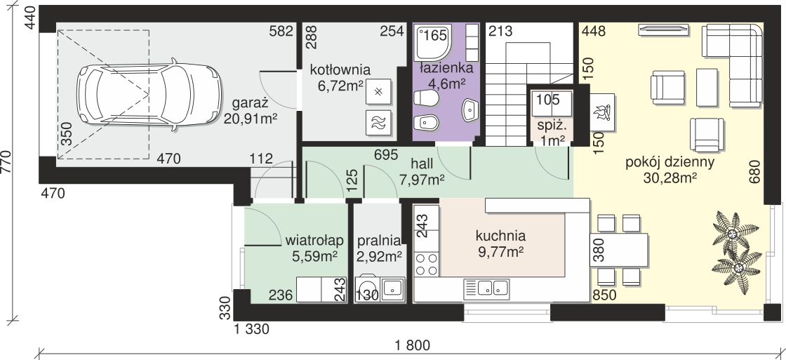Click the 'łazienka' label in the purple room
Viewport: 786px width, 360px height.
point(446,69)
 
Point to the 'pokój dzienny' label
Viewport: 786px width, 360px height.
point(670,163)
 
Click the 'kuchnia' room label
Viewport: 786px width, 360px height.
point(500,235)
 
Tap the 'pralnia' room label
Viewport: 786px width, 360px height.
point(379,240)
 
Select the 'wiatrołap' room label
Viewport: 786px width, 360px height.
point(313,240)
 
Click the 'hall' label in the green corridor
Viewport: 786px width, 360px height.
point(421,163)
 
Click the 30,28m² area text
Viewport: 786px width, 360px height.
point(670,178)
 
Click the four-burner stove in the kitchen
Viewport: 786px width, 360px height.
point(427,265)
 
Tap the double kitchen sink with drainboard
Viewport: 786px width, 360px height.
point(486,288)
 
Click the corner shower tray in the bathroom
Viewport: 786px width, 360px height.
point(432,42)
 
